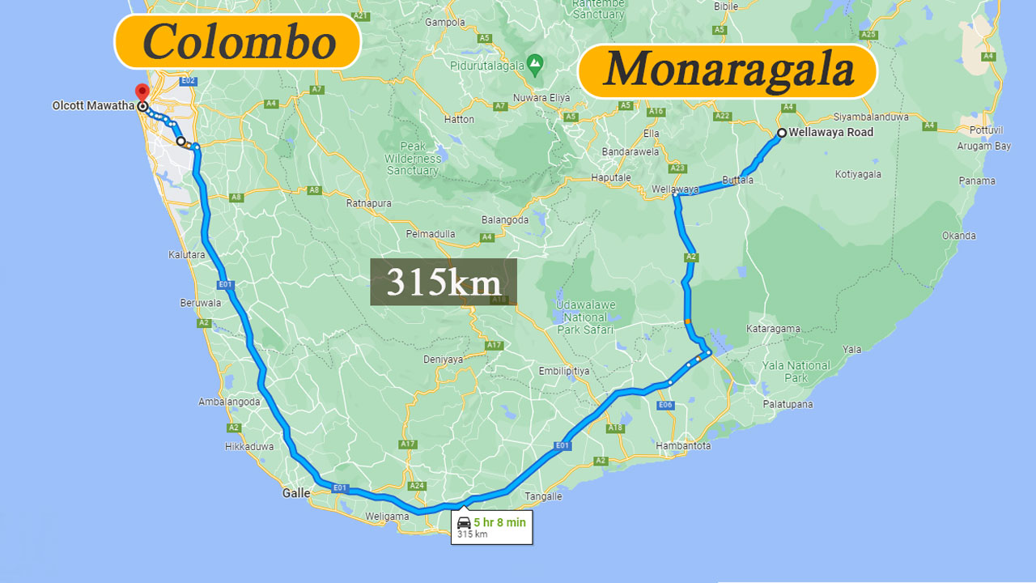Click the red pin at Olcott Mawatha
[x=142, y=92]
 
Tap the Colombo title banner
[x=237, y=41]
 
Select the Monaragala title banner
[x=728, y=70]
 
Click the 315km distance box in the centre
[x=443, y=282]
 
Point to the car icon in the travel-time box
[x=464, y=522]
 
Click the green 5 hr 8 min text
[x=499, y=522]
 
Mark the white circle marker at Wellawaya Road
[x=782, y=133]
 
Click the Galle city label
[x=296, y=492]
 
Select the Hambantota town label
[x=682, y=446]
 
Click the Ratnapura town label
[x=369, y=203]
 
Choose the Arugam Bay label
[x=983, y=147]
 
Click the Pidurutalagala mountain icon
[x=534, y=62]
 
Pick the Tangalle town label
[x=543, y=496]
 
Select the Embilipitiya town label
[x=564, y=371]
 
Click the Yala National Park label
[x=796, y=372]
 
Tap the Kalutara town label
[x=187, y=255]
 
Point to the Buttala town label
[x=737, y=181]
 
